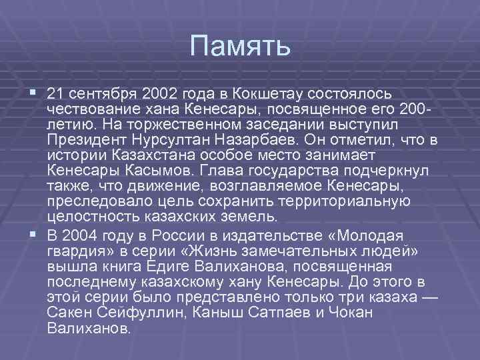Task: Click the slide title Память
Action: pos(240,46)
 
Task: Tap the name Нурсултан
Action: pos(171,140)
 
